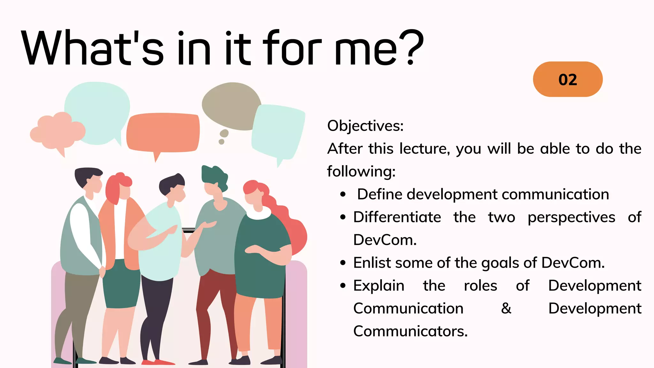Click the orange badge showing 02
(567, 79)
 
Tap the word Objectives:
(365, 126)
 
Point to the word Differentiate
(397, 217)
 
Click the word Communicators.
(410, 331)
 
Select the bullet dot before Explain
(343, 286)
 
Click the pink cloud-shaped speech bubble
(57, 131)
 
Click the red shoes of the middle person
(158, 362)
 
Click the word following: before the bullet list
(361, 172)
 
